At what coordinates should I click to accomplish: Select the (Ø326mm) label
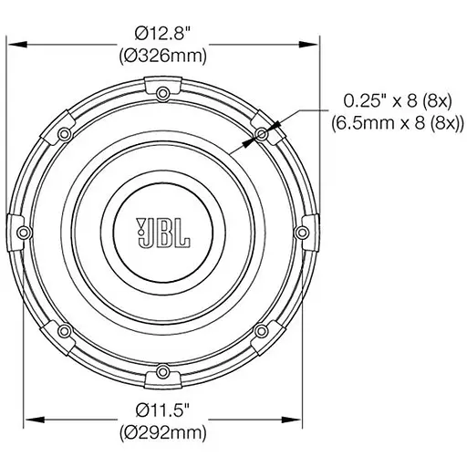click(x=163, y=56)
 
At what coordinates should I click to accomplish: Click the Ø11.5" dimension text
click(x=163, y=407)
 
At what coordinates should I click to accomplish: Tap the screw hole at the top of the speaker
click(x=163, y=92)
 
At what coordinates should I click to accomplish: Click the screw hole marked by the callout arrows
click(x=262, y=133)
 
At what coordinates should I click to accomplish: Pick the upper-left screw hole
click(x=65, y=133)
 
